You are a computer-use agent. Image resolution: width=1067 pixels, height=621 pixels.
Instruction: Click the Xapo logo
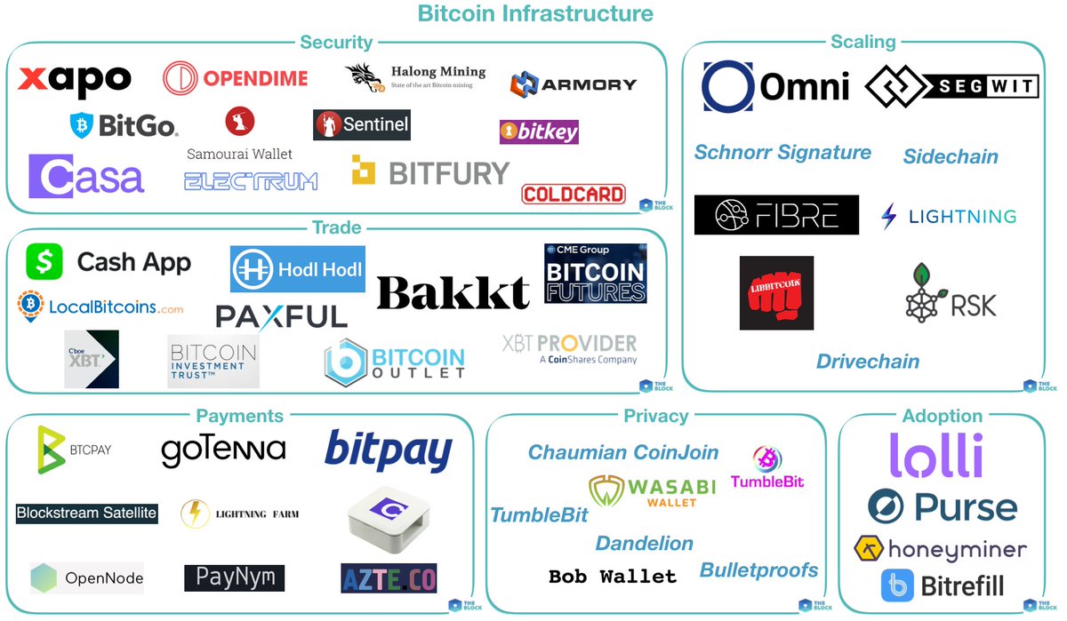pyautogui.click(x=75, y=80)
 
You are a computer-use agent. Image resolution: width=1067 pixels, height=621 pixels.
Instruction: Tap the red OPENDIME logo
pyautogui.click(x=236, y=78)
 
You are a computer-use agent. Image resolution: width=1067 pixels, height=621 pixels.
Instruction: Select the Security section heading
pyautogui.click(x=336, y=42)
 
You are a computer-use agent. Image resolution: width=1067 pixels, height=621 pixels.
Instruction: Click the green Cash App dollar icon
pyautogui.click(x=44, y=262)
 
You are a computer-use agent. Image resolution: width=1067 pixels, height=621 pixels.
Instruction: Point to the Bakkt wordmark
pyautogui.click(x=453, y=291)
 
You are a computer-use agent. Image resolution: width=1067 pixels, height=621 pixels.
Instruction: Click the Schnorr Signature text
pyautogui.click(x=782, y=153)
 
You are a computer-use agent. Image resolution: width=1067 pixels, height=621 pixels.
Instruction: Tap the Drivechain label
pyautogui.click(x=868, y=362)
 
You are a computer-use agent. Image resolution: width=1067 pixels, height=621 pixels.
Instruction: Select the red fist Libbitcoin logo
pyautogui.click(x=776, y=292)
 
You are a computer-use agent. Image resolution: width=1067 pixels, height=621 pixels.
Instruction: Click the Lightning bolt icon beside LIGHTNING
pyautogui.click(x=888, y=216)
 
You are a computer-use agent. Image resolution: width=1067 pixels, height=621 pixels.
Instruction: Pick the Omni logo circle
pyautogui.click(x=728, y=87)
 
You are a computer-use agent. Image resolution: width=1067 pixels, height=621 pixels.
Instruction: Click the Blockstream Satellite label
pyautogui.click(x=86, y=513)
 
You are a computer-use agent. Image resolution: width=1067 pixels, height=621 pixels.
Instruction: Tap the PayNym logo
pyautogui.click(x=235, y=577)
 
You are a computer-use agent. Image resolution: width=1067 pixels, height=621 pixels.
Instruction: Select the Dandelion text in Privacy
pyautogui.click(x=644, y=543)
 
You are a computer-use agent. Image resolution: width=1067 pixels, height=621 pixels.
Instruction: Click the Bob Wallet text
pyautogui.click(x=612, y=577)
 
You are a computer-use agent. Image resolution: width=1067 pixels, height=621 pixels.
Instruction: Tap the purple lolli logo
pyautogui.click(x=936, y=455)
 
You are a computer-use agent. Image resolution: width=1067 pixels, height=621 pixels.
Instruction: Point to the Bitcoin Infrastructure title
pyautogui.click(x=535, y=13)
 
